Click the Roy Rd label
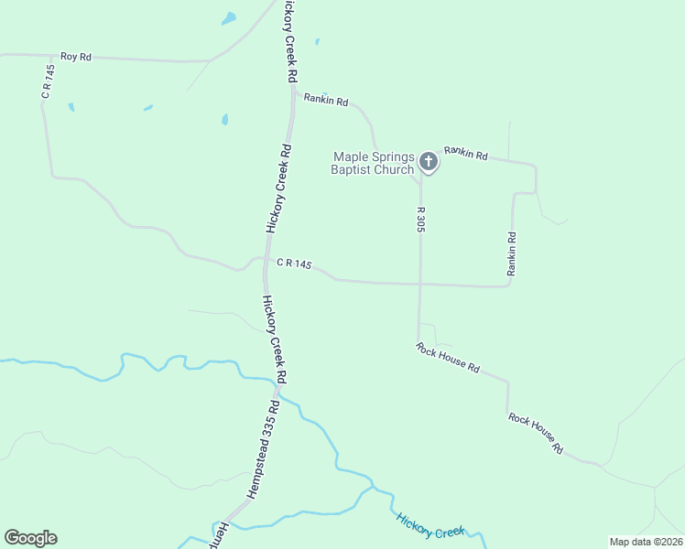(76, 57)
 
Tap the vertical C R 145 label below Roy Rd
(48, 83)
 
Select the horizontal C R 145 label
(294, 264)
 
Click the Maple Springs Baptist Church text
(373, 164)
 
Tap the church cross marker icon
(428, 163)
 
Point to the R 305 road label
(420, 219)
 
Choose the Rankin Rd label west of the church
(326, 100)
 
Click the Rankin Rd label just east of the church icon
(466, 153)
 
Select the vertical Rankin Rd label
(512, 254)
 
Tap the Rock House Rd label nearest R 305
(448, 358)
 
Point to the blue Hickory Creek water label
(431, 525)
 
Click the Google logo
(30, 538)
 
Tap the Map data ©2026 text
(646, 542)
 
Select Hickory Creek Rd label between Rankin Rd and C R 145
(278, 188)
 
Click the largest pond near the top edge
(228, 18)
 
